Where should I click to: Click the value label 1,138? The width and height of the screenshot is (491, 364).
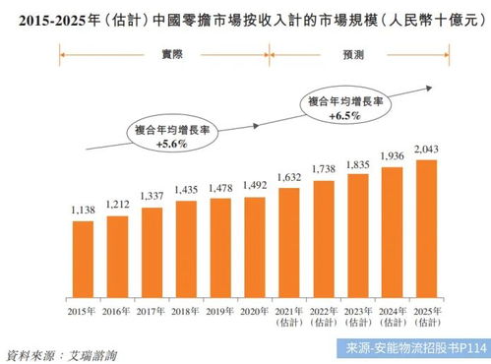pos(83,211)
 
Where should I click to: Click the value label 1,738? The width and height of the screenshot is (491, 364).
pos(324,169)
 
